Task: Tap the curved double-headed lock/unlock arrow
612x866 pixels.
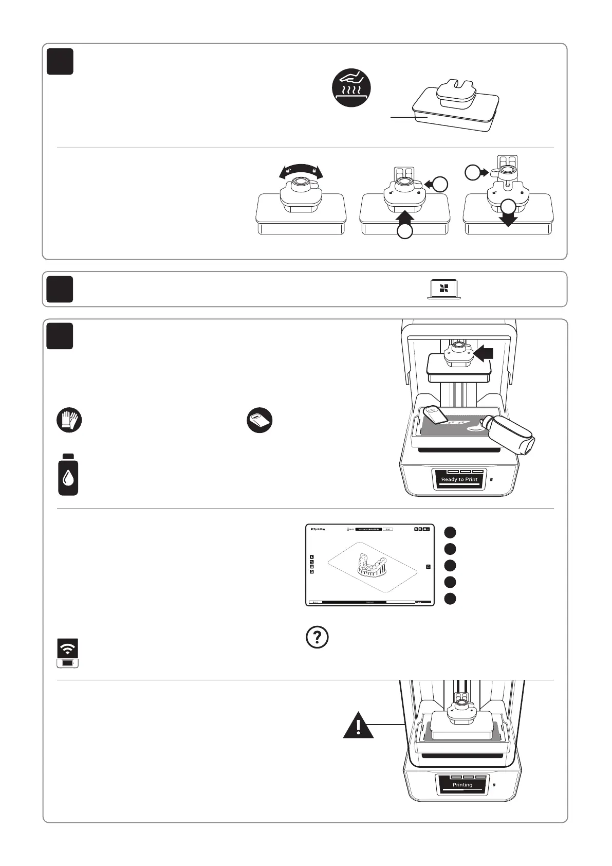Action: pos(301,171)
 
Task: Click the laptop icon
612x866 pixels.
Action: pos(444,290)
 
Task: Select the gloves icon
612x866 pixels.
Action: pos(69,421)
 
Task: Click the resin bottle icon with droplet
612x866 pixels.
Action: pos(68,475)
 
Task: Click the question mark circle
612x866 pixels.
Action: pos(317,637)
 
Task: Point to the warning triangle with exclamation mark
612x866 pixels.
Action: pos(359,726)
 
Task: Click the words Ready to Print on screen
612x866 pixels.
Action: pos(459,479)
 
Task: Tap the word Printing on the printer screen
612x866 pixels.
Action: pos(462,785)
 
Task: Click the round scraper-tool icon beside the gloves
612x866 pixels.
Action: pos(259,421)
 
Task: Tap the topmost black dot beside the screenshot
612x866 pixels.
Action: pos(450,532)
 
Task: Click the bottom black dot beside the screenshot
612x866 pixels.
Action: pos(450,599)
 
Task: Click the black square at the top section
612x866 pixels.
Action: pos(60,62)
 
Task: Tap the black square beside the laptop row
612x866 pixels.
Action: pos(60,289)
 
